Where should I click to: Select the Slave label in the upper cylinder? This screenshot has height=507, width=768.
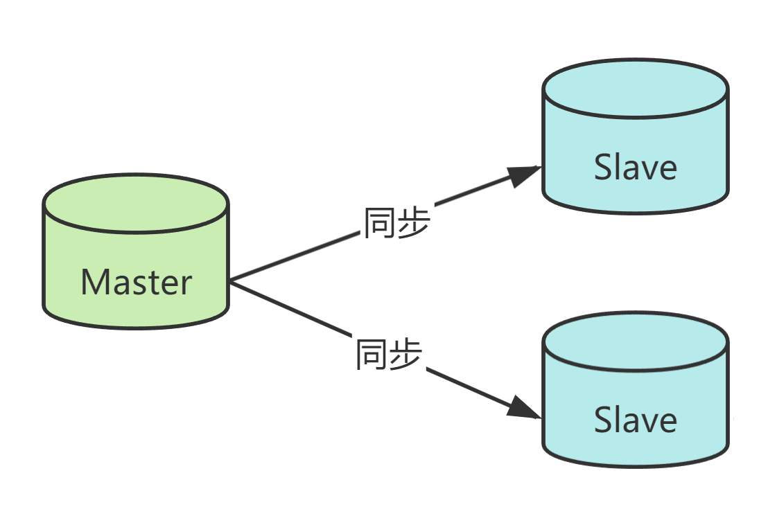tap(635, 168)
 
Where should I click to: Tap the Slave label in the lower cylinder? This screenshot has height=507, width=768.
tap(635, 420)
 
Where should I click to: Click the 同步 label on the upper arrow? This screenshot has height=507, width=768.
tap(397, 223)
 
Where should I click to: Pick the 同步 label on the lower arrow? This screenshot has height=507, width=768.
tap(389, 353)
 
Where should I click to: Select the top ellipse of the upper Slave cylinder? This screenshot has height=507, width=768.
tap(635, 89)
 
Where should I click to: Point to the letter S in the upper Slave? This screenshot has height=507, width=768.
tap(602, 168)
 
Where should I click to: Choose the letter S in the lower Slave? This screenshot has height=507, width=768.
tap(602, 420)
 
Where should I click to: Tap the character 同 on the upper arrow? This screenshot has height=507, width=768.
tap(381, 223)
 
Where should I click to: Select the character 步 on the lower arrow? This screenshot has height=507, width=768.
tap(406, 353)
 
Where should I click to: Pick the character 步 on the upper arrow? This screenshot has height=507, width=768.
tap(414, 223)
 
